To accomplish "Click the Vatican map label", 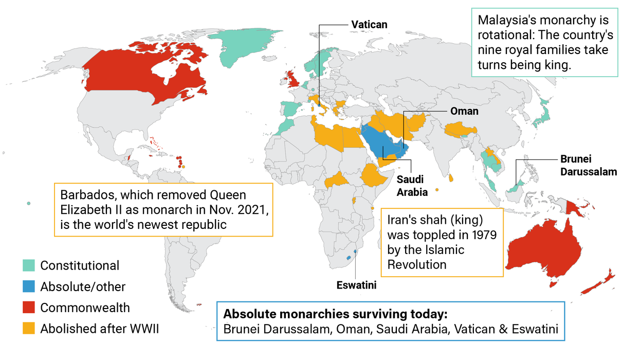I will click(x=369, y=24).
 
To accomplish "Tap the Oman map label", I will click(x=464, y=111).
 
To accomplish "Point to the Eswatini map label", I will click(x=356, y=285).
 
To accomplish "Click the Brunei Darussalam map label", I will click(x=588, y=165).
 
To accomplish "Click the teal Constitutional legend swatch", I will click(x=29, y=265).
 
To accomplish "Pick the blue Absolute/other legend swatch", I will click(x=29, y=286).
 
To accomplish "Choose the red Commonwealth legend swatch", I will click(x=29, y=308).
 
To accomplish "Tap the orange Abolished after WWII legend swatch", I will click(x=29, y=329).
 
